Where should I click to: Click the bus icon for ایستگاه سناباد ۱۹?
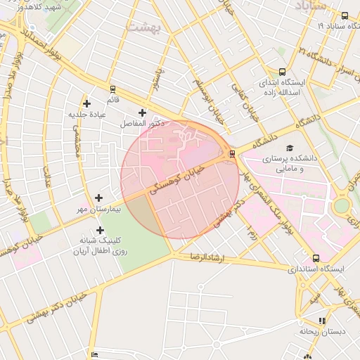click(344, 15)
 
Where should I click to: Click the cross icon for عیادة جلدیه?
click(86, 103)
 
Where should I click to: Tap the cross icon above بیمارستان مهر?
click(98, 198)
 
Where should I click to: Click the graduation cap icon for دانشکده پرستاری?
click(289, 148)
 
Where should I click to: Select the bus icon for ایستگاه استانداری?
click(316, 258)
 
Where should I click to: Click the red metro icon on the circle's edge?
click(232, 155)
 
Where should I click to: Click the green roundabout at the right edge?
click(342, 206)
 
